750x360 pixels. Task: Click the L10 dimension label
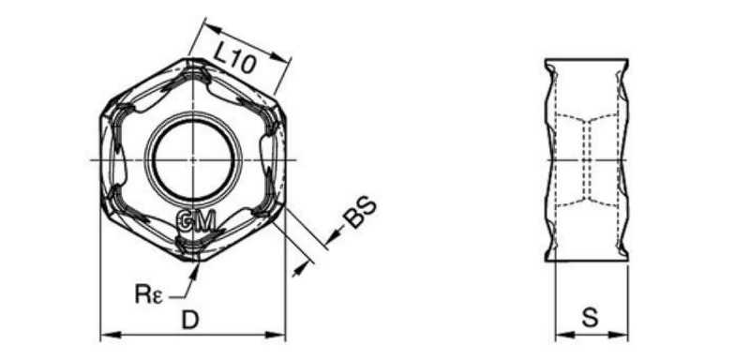234,58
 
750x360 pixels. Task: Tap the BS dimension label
361,212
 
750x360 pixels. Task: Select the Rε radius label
149,294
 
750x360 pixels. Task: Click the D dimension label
190,320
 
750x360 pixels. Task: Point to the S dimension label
591,318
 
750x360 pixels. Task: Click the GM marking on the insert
197,221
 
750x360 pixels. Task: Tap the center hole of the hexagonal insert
194,159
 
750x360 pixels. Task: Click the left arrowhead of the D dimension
110,335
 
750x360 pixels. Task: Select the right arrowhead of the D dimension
276,335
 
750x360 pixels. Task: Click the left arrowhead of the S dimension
564,335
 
